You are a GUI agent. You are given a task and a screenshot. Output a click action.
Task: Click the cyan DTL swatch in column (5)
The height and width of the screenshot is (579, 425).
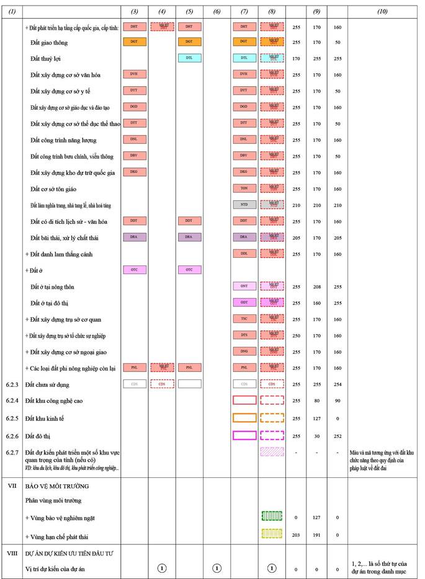click(189, 58)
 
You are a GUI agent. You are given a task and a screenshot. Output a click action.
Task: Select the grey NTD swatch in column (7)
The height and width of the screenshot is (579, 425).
click(244, 204)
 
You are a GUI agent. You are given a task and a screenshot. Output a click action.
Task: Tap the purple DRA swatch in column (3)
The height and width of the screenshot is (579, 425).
click(135, 237)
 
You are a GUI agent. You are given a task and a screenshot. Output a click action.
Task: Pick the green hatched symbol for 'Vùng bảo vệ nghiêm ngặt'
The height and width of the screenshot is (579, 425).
click(272, 516)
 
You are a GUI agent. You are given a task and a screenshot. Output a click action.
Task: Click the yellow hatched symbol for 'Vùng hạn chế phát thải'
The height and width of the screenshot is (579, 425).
click(272, 533)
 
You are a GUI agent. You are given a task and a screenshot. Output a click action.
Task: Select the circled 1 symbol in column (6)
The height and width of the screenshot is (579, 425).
click(217, 567)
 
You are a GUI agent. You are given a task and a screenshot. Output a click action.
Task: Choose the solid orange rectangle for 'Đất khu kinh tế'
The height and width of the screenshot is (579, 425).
click(244, 418)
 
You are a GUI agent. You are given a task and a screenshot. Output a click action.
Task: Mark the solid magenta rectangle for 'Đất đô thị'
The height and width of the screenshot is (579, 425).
click(244, 435)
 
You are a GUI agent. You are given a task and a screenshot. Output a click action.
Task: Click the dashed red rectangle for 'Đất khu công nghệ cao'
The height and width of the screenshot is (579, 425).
click(273, 400)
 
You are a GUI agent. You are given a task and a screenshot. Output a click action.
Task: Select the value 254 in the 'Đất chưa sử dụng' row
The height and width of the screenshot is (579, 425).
click(338, 385)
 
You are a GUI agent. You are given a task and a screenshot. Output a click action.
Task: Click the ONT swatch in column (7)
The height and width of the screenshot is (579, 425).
click(244, 286)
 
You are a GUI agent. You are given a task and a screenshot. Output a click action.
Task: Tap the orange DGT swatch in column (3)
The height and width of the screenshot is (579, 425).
click(135, 42)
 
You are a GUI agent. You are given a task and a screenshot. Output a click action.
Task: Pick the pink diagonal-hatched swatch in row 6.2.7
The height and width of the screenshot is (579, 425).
click(273, 452)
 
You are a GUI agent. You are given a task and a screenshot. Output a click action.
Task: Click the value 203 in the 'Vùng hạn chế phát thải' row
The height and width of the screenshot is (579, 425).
click(296, 534)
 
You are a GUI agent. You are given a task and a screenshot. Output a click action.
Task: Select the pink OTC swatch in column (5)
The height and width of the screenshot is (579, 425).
click(189, 270)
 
